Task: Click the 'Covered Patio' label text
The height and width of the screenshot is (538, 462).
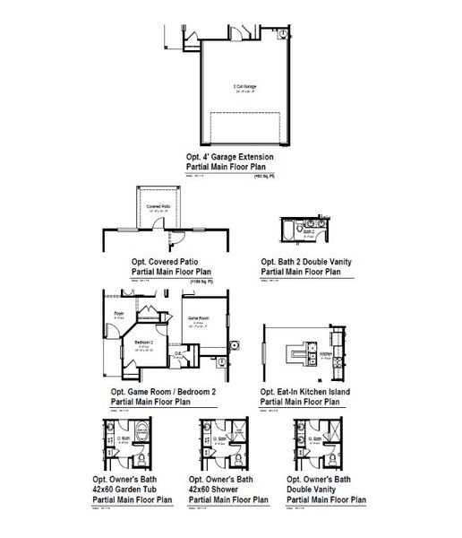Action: (x=159, y=205)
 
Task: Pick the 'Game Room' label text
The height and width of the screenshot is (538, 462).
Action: (x=198, y=318)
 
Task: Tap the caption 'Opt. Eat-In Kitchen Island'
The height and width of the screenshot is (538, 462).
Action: (x=305, y=392)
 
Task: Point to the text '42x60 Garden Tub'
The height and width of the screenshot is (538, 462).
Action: (x=135, y=489)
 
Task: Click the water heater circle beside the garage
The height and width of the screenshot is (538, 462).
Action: (x=281, y=33)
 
